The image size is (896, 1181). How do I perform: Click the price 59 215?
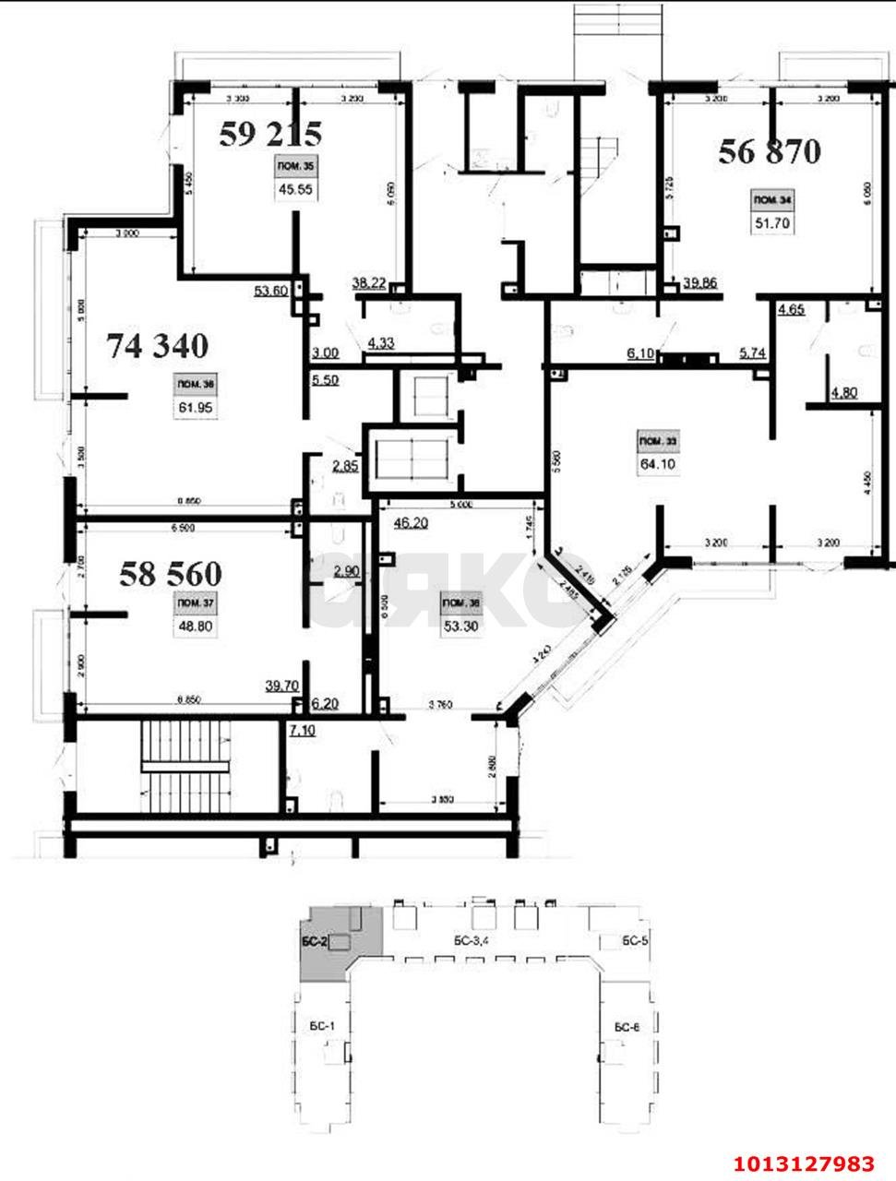[x=269, y=135]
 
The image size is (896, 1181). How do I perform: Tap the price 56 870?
[x=770, y=151]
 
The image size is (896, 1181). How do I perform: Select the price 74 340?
[x=158, y=346]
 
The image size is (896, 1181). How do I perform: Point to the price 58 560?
[x=171, y=574]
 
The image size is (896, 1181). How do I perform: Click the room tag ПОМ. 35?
[x=295, y=167]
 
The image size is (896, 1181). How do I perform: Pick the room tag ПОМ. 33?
[x=655, y=441]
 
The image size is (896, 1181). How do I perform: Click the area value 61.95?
[x=197, y=407]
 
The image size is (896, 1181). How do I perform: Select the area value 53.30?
[x=460, y=627]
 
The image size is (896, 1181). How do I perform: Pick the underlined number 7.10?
[x=302, y=731]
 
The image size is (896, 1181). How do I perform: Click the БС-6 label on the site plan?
[x=624, y=1027]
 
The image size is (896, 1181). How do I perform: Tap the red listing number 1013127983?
[x=804, y=1161]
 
